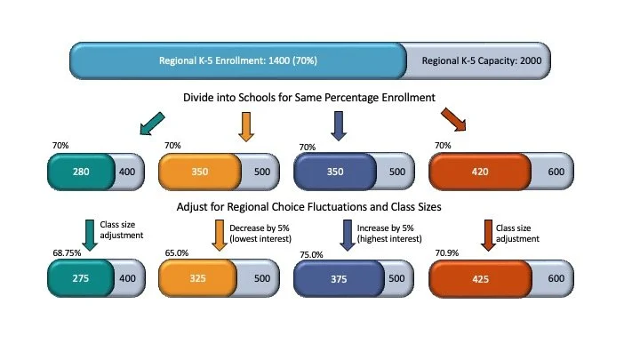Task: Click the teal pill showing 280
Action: (81, 172)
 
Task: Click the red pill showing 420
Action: (481, 172)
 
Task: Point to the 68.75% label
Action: (66, 253)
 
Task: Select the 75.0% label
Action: (310, 253)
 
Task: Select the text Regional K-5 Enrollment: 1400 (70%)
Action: (237, 61)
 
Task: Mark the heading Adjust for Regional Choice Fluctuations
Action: (321, 208)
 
